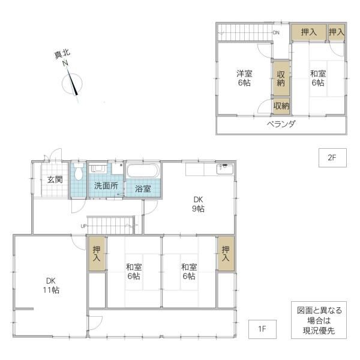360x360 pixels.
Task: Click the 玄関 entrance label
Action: tap(55, 179)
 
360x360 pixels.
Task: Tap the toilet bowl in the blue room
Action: tap(78, 171)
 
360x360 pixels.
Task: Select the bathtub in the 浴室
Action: tap(143, 170)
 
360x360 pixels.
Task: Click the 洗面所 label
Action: tap(106, 186)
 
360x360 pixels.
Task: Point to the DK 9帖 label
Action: tap(198, 204)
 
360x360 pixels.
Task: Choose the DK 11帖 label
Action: tap(51, 286)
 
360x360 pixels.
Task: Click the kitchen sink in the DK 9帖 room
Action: tap(225, 169)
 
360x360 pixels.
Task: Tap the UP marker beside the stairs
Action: tap(83, 226)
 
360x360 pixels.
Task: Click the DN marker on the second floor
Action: tap(276, 32)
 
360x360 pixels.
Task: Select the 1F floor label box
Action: tap(262, 329)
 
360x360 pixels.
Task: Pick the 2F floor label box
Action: tap(332, 158)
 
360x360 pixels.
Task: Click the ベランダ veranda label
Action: tap(281, 124)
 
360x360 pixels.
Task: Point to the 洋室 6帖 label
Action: tap(244, 78)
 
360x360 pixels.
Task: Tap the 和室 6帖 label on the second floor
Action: tap(318, 78)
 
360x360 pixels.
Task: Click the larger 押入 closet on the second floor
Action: tap(309, 32)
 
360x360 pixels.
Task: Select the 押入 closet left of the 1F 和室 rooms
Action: tap(97, 253)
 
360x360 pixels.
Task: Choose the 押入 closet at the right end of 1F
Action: tap(226, 253)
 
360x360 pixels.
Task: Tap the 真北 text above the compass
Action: tap(62, 55)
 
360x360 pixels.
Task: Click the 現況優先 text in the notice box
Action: tap(319, 331)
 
